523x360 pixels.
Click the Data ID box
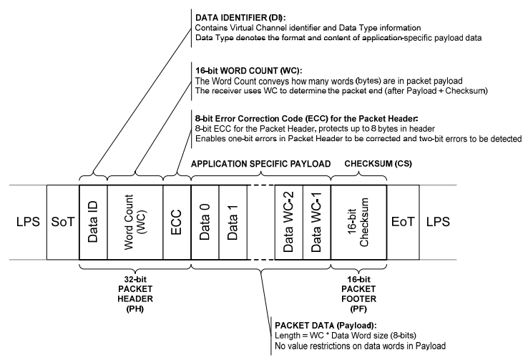tap(92, 216)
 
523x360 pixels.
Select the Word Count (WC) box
tap(134, 216)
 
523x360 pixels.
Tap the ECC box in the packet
tap(176, 216)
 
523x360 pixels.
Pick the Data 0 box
tap(205, 216)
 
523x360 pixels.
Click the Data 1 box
tap(233, 216)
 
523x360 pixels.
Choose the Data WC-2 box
tap(289, 216)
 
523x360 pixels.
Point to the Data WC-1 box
tap(316, 216)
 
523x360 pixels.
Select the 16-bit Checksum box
tap(358, 216)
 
